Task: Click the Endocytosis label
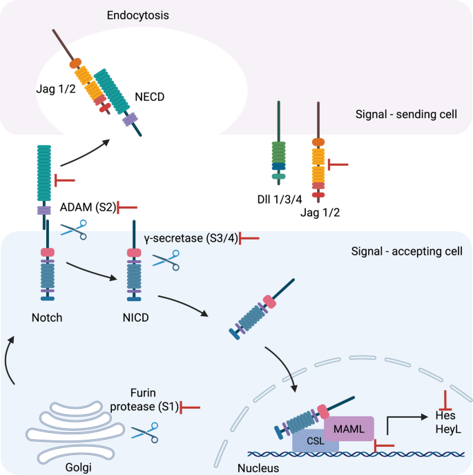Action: click(138, 15)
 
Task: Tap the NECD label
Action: click(150, 97)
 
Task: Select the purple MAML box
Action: click(349, 429)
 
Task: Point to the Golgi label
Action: click(79, 467)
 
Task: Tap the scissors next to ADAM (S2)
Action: click(74, 230)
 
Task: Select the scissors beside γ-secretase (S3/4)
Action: click(166, 260)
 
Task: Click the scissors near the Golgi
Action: click(145, 433)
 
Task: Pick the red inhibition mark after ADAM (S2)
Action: click(127, 208)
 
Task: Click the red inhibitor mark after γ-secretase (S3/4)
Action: click(249, 238)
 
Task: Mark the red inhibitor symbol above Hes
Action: click(445, 400)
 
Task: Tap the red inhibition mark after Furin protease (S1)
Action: click(190, 407)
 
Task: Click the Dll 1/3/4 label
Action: click(280, 200)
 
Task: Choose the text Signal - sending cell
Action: click(406, 114)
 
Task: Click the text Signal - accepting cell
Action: click(407, 251)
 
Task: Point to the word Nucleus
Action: click(258, 468)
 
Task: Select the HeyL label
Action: click(448, 429)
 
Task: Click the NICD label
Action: click(136, 318)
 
